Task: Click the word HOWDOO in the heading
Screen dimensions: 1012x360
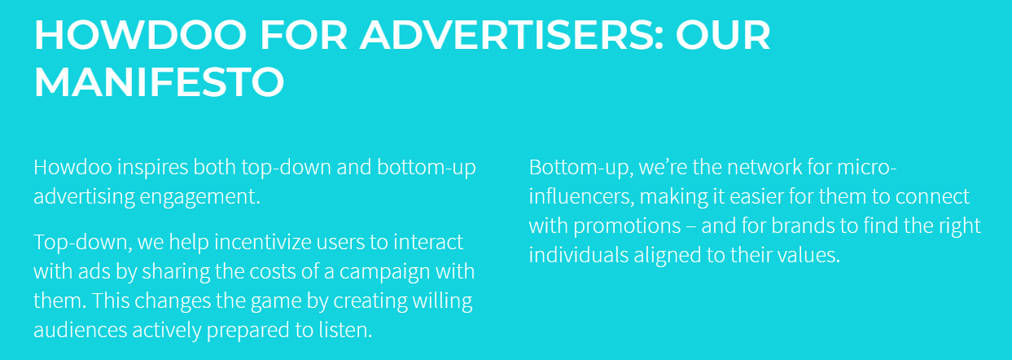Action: (x=141, y=35)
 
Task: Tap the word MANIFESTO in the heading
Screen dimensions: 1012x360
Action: (x=159, y=81)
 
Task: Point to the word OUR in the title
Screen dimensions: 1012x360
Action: (x=723, y=35)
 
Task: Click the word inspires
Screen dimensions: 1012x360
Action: (x=153, y=168)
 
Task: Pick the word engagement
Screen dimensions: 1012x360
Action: (x=200, y=197)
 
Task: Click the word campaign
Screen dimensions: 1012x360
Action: (x=384, y=272)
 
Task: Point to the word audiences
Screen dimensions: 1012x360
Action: (x=81, y=330)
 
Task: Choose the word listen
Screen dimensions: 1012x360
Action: (x=346, y=330)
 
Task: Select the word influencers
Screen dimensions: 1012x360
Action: (x=581, y=197)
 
